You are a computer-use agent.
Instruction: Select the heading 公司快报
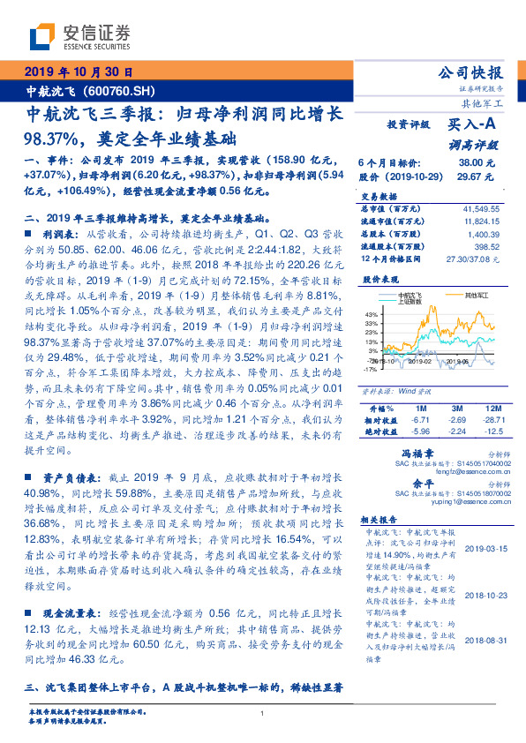(x=470, y=72)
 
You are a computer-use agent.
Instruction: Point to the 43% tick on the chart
(x=371, y=313)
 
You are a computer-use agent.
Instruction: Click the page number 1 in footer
(x=263, y=715)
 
